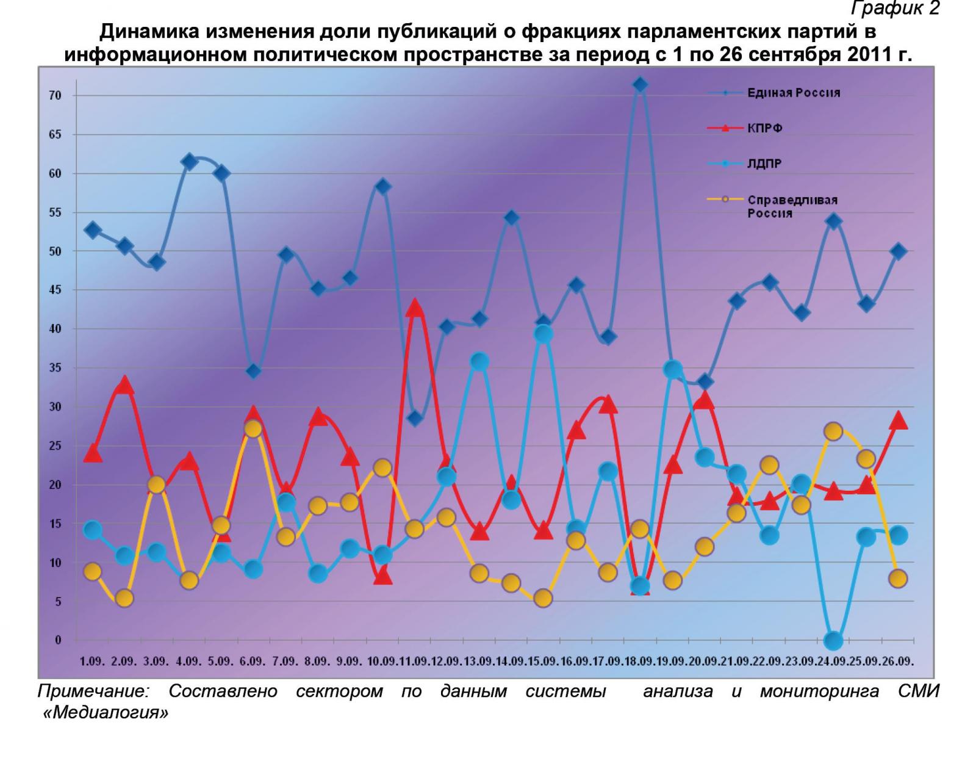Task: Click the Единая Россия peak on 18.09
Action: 640,84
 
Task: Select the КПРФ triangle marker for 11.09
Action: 415,307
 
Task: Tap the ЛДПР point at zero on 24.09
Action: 833,641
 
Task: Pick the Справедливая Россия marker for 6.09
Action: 253,429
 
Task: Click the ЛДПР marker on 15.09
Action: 544,334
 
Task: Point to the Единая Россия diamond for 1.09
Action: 93,230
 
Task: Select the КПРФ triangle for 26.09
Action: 898,420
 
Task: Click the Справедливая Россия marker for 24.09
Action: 833,431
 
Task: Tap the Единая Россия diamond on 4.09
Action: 189,162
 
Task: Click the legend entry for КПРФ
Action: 765,128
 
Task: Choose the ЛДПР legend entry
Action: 765,164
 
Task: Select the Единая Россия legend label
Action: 794,93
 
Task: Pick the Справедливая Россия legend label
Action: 792,206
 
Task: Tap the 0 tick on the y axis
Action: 59,640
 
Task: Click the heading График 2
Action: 895,9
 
